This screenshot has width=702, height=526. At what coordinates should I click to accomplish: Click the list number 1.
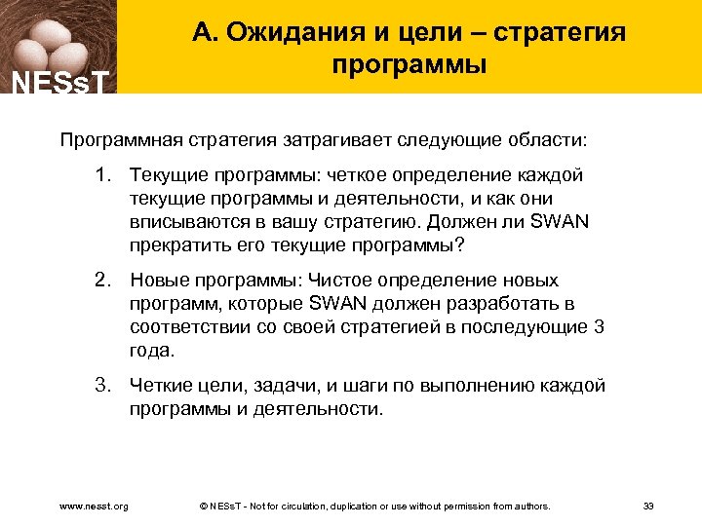(101, 176)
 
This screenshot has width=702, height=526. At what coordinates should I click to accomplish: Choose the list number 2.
(101, 281)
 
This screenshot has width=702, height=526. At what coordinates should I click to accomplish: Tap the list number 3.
(101, 386)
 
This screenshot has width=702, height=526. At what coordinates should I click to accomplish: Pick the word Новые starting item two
(158, 281)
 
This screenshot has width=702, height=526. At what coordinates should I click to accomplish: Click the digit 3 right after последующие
(598, 327)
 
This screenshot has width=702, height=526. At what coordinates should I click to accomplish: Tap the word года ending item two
(151, 351)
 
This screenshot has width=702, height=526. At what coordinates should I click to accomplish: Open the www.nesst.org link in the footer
(94, 507)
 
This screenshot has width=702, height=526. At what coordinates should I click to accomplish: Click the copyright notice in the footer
(374, 507)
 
